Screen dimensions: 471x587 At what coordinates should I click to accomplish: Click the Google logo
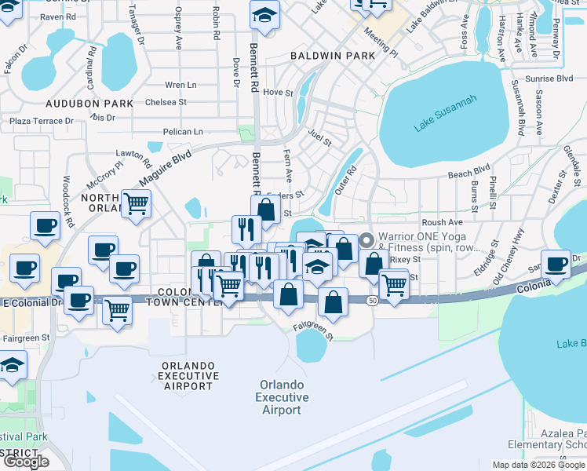coord(27,462)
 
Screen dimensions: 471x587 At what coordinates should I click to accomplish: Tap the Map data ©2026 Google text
coord(538,465)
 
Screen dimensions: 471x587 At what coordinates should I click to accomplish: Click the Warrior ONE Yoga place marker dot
coord(365,236)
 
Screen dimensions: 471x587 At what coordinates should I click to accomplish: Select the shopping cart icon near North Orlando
coord(136,203)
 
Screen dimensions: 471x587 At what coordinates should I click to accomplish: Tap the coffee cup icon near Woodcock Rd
coord(45,225)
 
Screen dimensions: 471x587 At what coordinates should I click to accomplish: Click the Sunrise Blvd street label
coord(553,79)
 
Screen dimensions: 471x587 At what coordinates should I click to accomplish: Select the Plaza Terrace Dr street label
coord(41,121)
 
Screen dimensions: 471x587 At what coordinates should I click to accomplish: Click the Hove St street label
coord(278,93)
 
